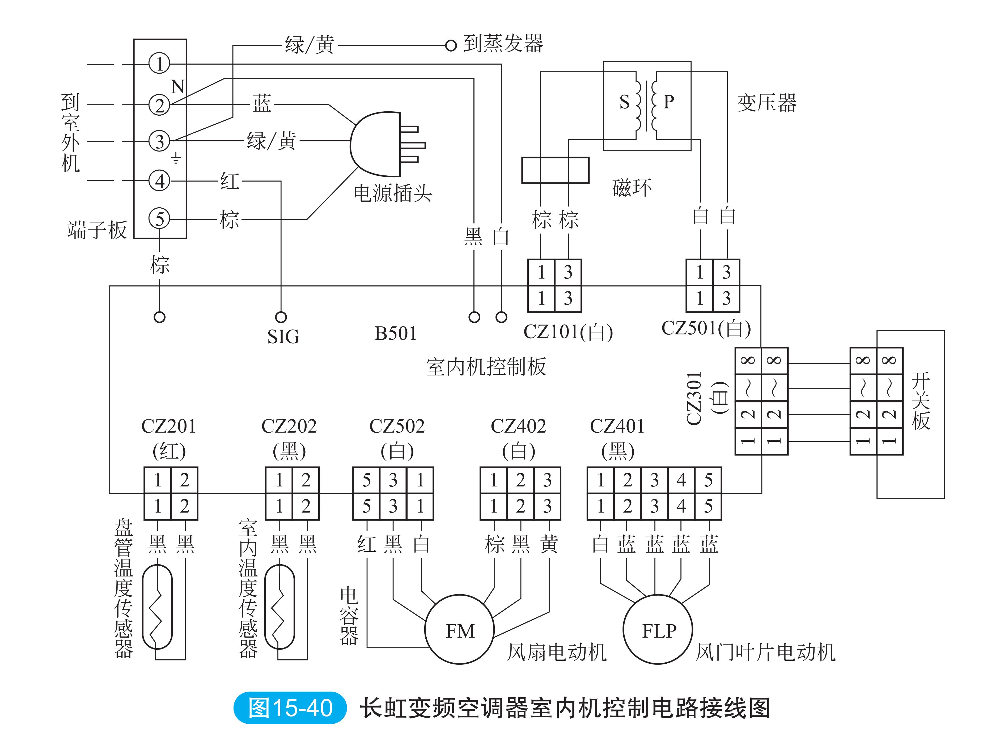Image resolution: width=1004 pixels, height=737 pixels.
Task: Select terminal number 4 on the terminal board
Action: pyautogui.click(x=159, y=181)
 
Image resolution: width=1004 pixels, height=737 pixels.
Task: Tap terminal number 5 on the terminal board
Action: pyautogui.click(x=159, y=218)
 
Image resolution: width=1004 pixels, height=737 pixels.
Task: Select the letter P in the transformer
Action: pyautogui.click(x=668, y=102)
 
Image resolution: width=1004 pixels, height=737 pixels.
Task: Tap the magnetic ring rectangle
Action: pyautogui.click(x=555, y=170)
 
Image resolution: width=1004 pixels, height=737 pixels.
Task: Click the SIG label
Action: pyautogui.click(x=283, y=337)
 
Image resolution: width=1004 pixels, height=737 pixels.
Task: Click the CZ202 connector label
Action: pyautogui.click(x=289, y=426)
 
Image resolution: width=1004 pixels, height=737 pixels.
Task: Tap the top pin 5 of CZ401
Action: pyautogui.click(x=708, y=480)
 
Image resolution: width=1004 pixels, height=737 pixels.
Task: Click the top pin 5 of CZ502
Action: pyautogui.click(x=366, y=480)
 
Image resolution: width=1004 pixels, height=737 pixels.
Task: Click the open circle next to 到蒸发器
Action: pyautogui.click(x=451, y=45)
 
